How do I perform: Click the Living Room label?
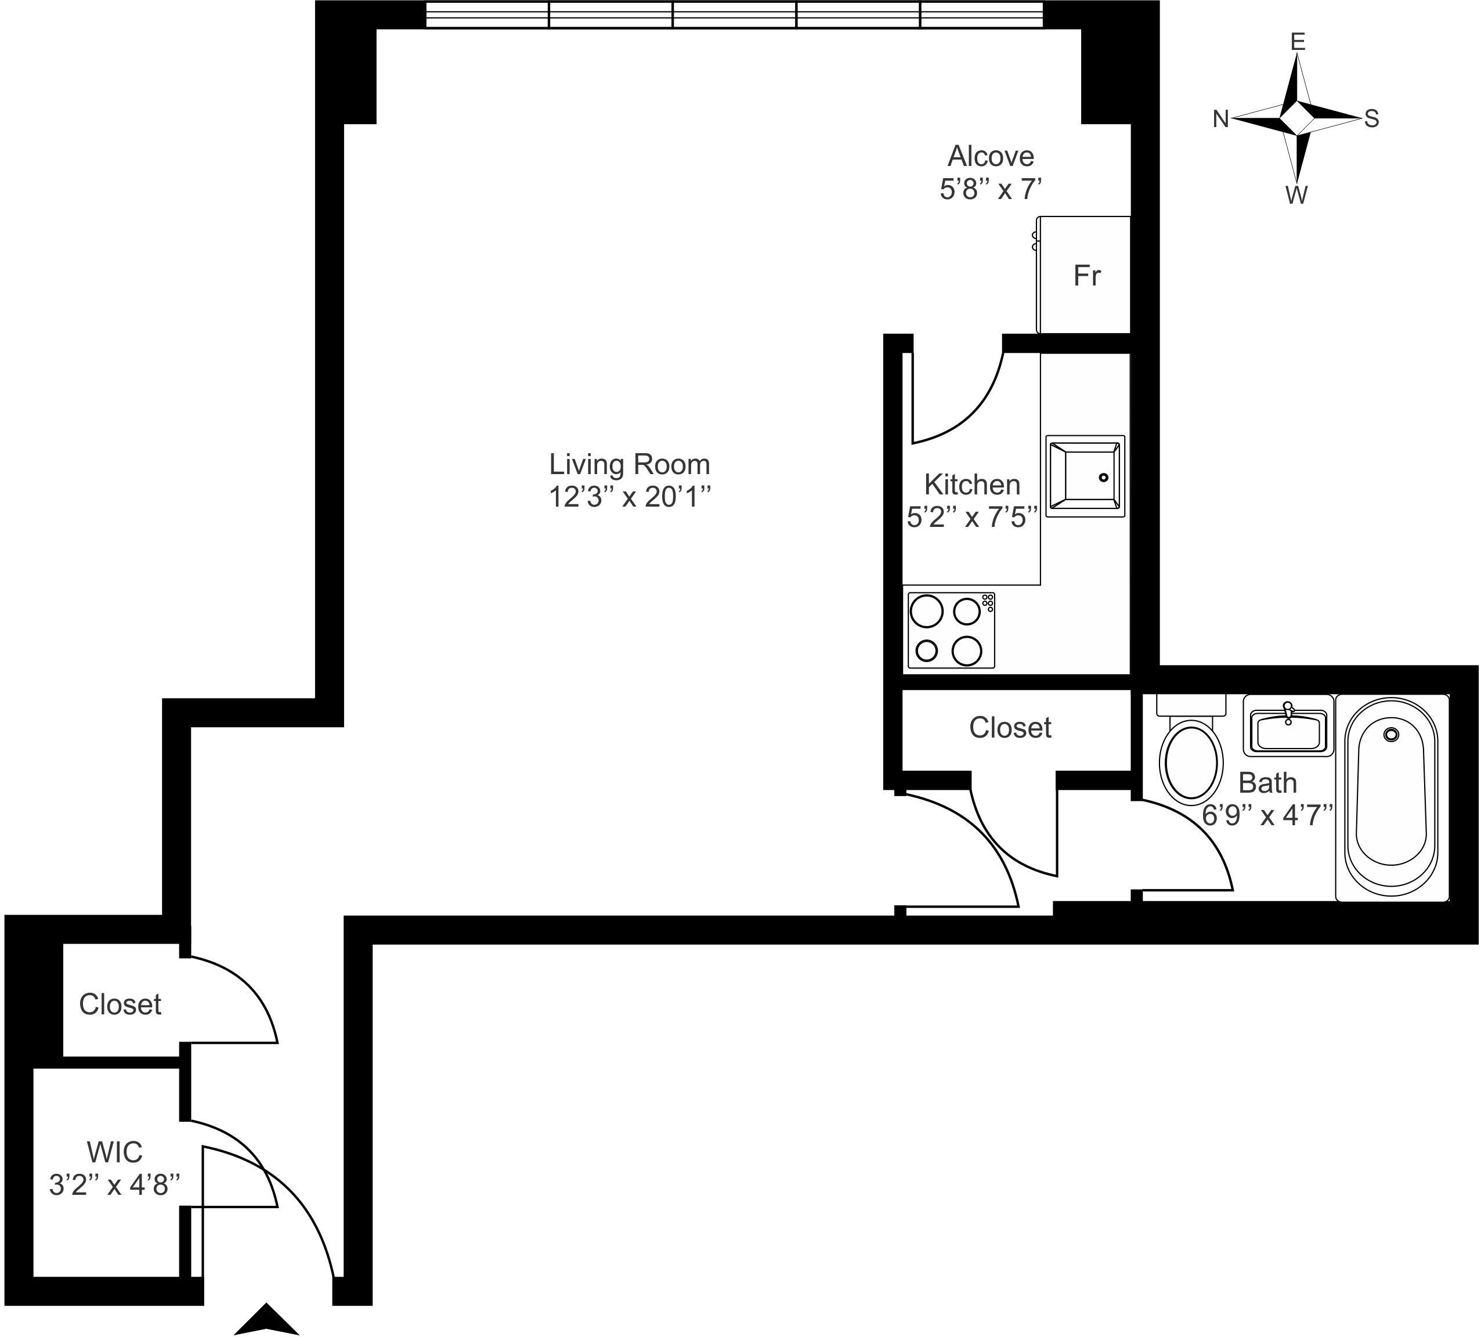630,464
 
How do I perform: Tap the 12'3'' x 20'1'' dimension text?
630,498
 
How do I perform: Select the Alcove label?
990,157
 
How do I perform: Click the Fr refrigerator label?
1086,276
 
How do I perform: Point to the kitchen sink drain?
1103,478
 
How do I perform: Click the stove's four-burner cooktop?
951,630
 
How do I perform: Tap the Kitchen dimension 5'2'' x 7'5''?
972,518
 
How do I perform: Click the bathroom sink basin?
1287,731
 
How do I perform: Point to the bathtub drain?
1390,734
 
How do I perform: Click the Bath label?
1267,783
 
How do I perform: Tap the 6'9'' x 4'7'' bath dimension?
1267,815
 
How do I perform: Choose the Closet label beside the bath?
1010,728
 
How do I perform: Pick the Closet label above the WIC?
120,1005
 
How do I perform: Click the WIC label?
114,1152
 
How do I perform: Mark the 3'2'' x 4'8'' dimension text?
114,1185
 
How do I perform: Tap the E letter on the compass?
1298,42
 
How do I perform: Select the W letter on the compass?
1296,196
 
